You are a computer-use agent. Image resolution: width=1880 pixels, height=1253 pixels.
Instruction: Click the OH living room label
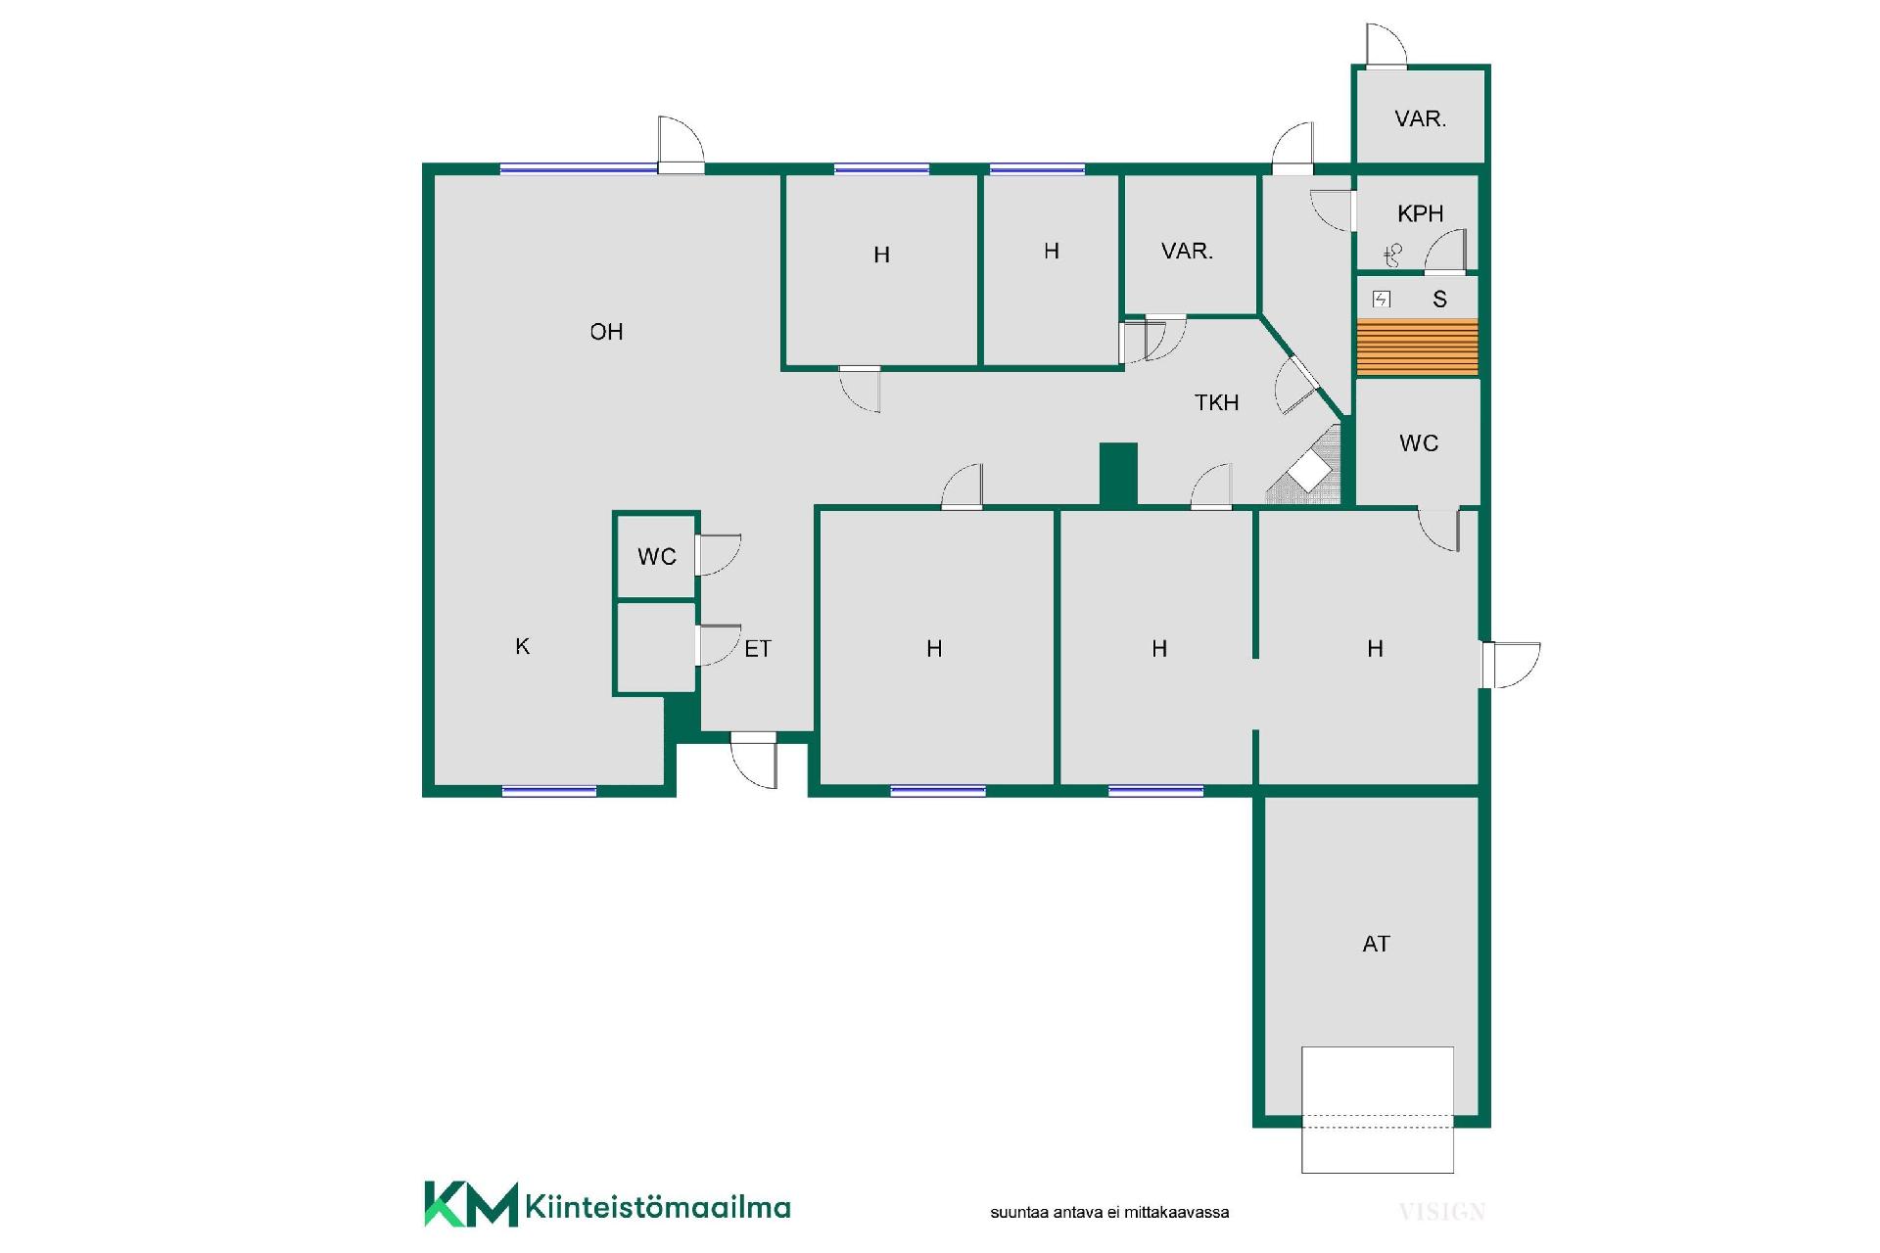[606, 332]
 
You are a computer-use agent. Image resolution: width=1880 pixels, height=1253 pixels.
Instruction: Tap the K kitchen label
[523, 646]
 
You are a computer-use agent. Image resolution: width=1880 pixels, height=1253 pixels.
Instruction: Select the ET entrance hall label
[758, 649]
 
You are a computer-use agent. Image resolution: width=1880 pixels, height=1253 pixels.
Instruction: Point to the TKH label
[1216, 402]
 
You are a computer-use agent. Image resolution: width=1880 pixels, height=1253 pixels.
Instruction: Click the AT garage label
[1376, 944]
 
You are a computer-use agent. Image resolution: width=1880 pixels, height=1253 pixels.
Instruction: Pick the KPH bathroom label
[1420, 213]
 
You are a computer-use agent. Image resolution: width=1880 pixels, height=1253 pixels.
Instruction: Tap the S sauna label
[1439, 300]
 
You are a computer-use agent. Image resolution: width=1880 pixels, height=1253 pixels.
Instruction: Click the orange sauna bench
[1417, 347]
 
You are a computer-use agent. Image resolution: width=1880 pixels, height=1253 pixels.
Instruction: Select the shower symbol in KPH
[1393, 255]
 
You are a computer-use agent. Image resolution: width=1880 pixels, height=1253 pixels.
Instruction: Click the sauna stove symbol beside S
[1382, 300]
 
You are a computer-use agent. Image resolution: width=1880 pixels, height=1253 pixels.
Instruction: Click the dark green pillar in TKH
[1118, 475]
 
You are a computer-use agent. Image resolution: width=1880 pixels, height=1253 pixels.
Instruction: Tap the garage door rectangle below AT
[1377, 1110]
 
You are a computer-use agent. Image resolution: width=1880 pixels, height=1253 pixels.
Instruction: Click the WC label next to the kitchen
[657, 557]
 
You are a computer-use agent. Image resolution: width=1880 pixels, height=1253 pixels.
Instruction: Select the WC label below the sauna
[1419, 443]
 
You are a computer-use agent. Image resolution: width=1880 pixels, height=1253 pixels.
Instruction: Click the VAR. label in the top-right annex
[1420, 118]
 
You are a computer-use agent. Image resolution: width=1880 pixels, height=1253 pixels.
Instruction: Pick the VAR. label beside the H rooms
[1187, 251]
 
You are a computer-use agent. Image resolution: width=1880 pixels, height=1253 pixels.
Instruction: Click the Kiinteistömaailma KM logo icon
[470, 1204]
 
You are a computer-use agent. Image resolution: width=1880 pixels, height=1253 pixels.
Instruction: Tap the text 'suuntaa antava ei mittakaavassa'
[1109, 1212]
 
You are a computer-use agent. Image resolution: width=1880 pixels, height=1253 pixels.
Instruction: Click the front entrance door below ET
[754, 759]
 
